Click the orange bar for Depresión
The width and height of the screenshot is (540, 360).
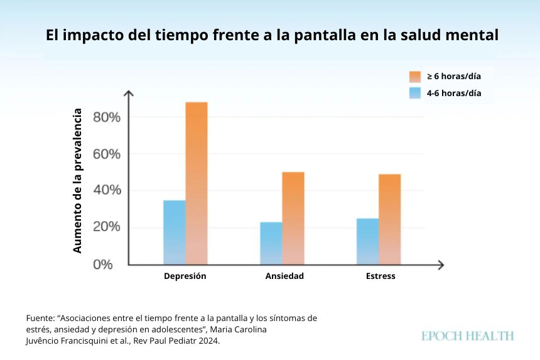pyautogui.click(x=196, y=183)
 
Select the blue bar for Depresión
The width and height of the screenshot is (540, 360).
pyautogui.click(x=175, y=232)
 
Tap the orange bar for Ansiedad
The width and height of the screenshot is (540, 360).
pyautogui.click(x=293, y=218)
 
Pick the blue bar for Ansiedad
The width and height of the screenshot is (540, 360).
pyautogui.click(x=271, y=243)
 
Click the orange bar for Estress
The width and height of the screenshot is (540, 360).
pyautogui.click(x=389, y=219)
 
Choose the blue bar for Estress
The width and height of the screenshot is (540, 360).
pyautogui.click(x=368, y=241)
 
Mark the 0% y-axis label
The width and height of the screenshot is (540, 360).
pyautogui.click(x=103, y=265)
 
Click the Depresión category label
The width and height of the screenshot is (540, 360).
pyautogui.click(x=185, y=276)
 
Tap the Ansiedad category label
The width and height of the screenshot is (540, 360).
pyautogui.click(x=284, y=276)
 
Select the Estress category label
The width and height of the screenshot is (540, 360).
pyautogui.click(x=381, y=276)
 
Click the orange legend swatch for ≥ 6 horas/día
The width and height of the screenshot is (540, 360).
pyautogui.click(x=414, y=77)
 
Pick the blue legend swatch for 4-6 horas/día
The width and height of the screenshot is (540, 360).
pyautogui.click(x=414, y=94)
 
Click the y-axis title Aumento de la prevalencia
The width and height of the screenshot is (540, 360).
pyautogui.click(x=78, y=181)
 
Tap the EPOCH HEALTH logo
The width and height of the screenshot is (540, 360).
pyautogui.click(x=467, y=336)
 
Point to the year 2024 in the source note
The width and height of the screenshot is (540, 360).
pyautogui.click(x=207, y=341)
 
